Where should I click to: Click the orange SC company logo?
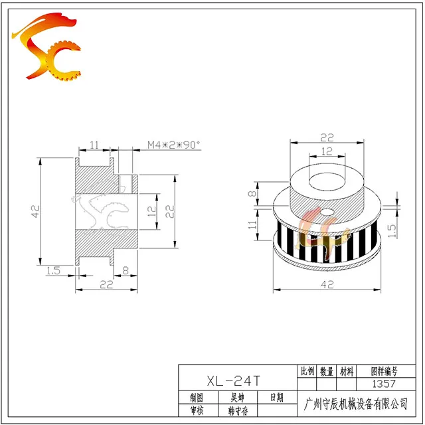(x=46, y=46)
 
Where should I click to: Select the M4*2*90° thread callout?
(x=173, y=145)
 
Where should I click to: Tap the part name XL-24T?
(x=233, y=381)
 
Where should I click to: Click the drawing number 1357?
(x=384, y=384)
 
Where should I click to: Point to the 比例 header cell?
(x=307, y=371)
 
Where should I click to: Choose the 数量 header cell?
(x=326, y=371)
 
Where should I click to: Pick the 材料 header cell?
(x=347, y=371)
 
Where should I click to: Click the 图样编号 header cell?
(x=384, y=371)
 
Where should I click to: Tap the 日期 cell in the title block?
(x=277, y=397)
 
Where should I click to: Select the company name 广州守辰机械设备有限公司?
(x=356, y=404)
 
